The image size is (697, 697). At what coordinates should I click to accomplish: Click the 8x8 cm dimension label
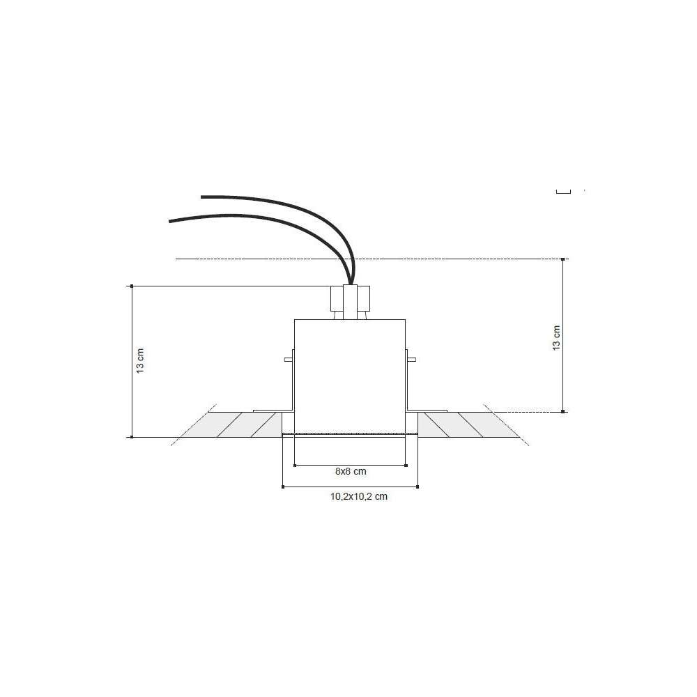(x=351, y=471)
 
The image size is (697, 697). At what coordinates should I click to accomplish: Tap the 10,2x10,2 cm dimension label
(x=359, y=496)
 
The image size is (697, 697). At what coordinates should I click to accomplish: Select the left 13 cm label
(x=141, y=360)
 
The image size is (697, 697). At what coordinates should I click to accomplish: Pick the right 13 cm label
(x=556, y=338)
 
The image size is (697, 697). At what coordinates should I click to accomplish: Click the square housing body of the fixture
(x=350, y=376)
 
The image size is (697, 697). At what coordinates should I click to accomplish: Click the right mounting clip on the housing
(x=411, y=359)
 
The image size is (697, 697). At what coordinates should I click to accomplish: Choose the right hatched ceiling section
(x=462, y=424)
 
